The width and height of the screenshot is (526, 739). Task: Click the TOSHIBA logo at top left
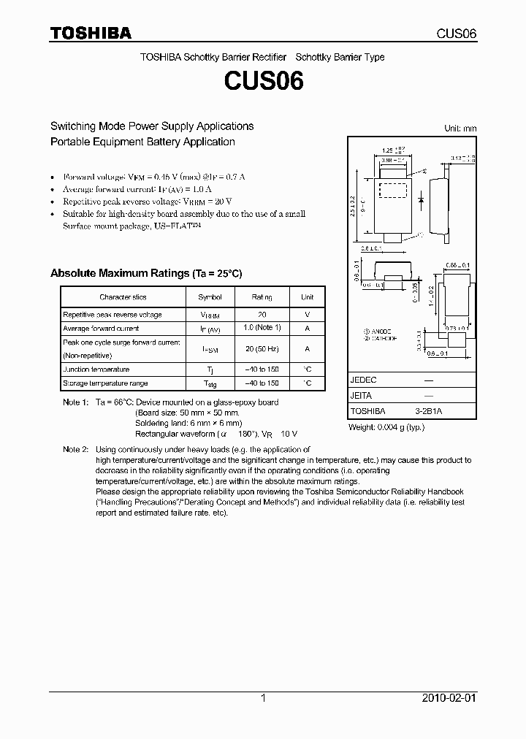tap(91, 34)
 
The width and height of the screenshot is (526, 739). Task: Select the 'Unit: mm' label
tap(460, 128)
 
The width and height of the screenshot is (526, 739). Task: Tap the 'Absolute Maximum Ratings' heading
tap(145, 273)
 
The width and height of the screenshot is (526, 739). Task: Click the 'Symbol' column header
tap(210, 297)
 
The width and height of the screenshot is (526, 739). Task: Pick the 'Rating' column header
tap(262, 297)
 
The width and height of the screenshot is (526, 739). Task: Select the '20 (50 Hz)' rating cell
tap(262, 349)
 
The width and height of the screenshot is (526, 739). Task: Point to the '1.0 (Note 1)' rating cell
tap(262, 329)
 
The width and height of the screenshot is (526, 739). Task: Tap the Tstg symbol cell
tap(210, 383)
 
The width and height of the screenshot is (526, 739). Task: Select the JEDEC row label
tap(363, 380)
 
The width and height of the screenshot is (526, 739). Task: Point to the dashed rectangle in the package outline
tap(392, 190)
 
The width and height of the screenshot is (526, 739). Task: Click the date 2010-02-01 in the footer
tap(449, 698)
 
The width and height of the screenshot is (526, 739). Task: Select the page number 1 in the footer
tap(263, 698)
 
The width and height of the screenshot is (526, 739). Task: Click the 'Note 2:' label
tap(75, 449)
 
